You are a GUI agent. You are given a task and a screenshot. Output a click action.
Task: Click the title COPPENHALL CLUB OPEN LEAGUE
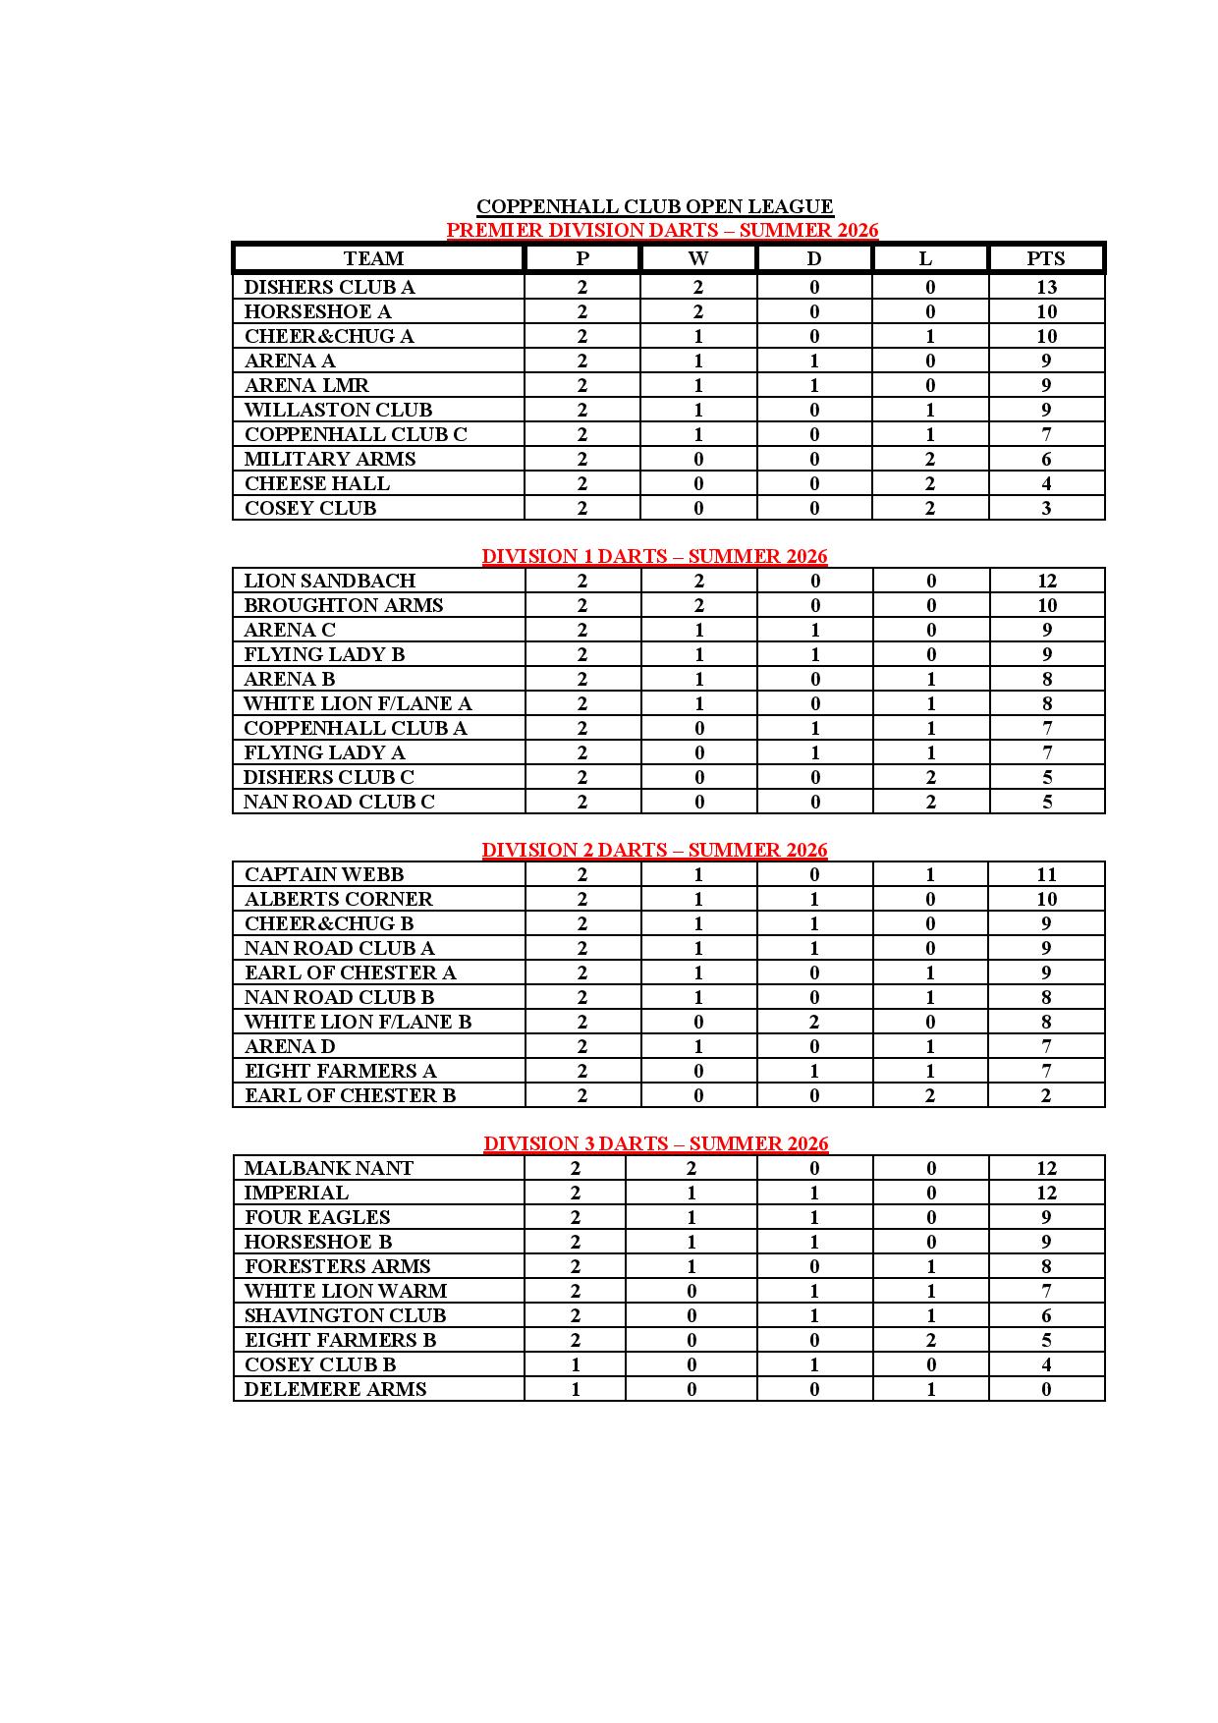(654, 206)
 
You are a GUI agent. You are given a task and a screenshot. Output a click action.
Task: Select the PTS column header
(1045, 258)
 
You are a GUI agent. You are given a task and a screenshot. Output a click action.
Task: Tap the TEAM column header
(373, 258)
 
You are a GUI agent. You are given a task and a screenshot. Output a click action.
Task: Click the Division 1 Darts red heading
(654, 556)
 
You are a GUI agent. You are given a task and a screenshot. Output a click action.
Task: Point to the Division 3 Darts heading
(655, 1143)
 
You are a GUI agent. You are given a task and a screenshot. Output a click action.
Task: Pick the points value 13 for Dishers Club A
(1046, 287)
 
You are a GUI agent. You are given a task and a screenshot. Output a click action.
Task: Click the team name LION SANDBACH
(329, 581)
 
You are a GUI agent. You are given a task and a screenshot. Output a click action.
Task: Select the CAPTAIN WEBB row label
(323, 874)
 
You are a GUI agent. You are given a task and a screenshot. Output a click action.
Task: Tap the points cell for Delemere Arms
(1046, 1389)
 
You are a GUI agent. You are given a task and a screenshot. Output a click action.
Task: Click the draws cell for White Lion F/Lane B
(814, 1022)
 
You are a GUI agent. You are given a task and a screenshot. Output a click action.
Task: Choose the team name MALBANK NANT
(328, 1168)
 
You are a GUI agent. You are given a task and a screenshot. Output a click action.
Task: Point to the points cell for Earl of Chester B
(1046, 1095)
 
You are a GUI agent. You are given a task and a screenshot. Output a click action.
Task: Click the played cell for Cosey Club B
(576, 1364)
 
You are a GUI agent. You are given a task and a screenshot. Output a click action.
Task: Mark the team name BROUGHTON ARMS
(343, 605)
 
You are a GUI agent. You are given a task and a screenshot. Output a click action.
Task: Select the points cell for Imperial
(1046, 1193)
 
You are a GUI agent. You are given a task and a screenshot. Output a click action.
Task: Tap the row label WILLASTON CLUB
(338, 410)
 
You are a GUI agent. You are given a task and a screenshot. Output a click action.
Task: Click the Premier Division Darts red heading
(662, 230)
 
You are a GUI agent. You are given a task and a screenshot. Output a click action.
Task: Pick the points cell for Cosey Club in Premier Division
(1046, 508)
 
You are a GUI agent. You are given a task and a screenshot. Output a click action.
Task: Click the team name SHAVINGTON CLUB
(345, 1315)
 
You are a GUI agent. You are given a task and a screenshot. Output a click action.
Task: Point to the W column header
(697, 258)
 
